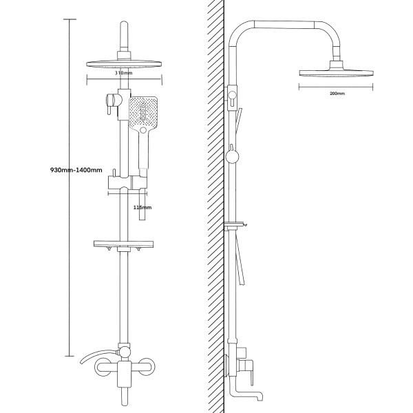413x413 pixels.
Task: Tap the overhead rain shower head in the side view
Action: click(336, 72)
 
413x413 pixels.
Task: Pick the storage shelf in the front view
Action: click(125, 244)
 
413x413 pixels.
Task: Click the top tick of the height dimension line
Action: click(69, 19)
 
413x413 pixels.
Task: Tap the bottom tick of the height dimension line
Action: click(69, 357)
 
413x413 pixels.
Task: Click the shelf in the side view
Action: click(235, 224)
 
